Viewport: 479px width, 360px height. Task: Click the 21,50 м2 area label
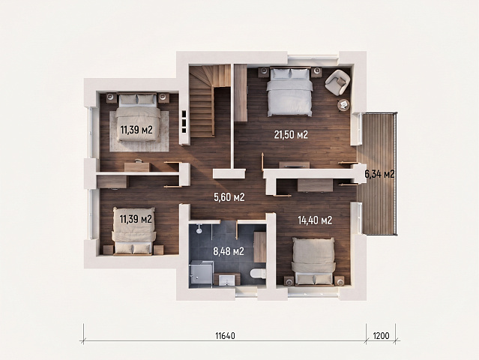point(291,135)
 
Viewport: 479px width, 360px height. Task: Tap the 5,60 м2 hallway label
point(229,197)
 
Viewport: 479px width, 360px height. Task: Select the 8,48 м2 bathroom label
point(228,251)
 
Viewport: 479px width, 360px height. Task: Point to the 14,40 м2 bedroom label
point(315,220)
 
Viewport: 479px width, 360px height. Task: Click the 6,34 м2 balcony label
point(379,174)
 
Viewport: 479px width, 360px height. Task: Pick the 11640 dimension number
point(225,336)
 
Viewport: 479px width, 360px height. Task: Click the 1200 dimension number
point(382,336)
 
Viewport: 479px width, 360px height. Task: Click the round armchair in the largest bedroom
point(337,81)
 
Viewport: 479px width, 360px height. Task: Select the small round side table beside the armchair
point(343,105)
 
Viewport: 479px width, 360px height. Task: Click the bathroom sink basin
point(227,280)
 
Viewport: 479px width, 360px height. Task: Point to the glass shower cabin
point(200,274)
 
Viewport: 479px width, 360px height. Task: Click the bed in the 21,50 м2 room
point(289,92)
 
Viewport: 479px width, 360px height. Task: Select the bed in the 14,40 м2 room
point(314,262)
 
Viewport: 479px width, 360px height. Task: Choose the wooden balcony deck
point(378,174)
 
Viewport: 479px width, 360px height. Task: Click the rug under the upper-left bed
point(139,131)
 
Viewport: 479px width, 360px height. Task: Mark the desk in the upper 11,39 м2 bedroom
point(137,166)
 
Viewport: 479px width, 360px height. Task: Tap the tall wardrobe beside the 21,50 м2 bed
point(241,92)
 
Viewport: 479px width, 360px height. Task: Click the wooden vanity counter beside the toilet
point(259,247)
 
